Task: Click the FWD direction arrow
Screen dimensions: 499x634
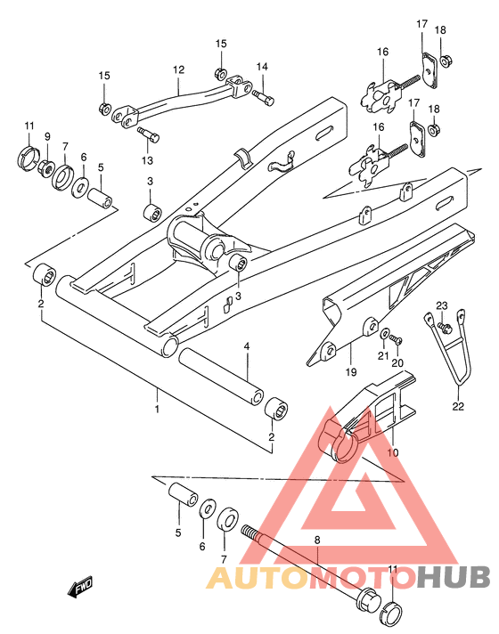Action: [80, 587]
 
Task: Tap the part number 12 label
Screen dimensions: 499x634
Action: [178, 69]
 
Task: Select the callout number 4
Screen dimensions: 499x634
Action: [247, 346]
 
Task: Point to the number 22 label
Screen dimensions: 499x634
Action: [458, 406]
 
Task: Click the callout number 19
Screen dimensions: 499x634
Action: [351, 371]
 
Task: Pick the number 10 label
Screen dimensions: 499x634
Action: [393, 452]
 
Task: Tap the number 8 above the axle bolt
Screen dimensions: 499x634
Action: [317, 540]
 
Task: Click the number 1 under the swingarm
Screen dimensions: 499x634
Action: [157, 409]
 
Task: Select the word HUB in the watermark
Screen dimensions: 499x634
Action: [454, 577]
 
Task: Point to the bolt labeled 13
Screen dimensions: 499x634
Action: [149, 134]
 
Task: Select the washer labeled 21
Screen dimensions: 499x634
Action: [384, 335]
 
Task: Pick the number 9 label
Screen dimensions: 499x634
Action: [47, 136]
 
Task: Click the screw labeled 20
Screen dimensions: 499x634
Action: [397, 340]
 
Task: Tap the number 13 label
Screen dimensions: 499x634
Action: [147, 160]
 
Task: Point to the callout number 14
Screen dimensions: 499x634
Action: [262, 67]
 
